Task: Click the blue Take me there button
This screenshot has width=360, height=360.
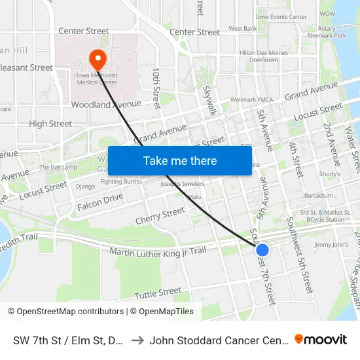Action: (x=179, y=160)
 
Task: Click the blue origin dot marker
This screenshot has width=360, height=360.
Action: (x=262, y=249)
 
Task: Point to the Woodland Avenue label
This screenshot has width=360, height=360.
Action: (x=106, y=104)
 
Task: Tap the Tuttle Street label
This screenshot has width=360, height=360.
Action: (x=158, y=292)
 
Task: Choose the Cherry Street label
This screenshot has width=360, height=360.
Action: (x=160, y=215)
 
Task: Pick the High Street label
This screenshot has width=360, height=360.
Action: (x=50, y=124)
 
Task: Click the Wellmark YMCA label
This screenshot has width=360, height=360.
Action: (x=251, y=100)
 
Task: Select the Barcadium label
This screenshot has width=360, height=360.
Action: (x=319, y=196)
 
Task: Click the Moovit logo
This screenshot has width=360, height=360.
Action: (x=321, y=339)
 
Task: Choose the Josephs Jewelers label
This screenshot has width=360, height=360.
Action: (x=178, y=184)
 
